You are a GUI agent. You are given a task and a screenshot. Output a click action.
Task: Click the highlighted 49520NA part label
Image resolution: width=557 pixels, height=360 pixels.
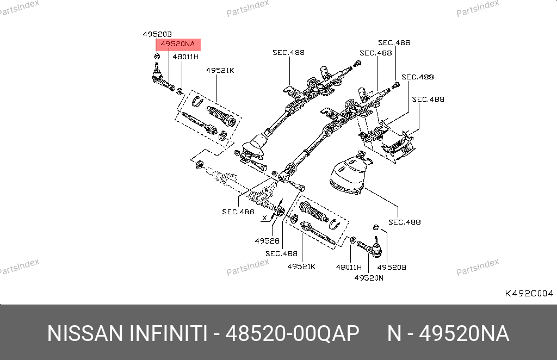[x=177, y=44]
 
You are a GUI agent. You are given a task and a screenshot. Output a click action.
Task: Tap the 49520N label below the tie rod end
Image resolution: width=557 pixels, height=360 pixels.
[x=369, y=277]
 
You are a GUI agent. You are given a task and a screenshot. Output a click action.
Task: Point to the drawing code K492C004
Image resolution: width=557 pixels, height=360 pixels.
[x=529, y=293]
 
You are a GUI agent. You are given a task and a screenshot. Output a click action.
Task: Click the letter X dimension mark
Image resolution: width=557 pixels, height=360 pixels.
[x=264, y=218]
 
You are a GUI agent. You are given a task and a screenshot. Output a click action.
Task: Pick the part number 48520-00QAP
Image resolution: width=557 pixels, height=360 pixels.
[x=292, y=333]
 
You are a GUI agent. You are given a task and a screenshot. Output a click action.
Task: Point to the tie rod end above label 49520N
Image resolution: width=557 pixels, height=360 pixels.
[x=370, y=249]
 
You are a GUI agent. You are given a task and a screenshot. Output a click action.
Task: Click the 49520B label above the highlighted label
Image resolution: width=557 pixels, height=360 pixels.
[x=157, y=34]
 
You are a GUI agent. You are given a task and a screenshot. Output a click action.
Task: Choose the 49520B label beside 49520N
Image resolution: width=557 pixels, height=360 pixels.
[x=392, y=267]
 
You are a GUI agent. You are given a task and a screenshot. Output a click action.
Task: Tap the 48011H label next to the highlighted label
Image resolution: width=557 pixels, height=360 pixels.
[x=185, y=56]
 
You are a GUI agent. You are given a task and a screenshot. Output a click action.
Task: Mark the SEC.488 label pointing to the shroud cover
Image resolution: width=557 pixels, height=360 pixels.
[x=405, y=222]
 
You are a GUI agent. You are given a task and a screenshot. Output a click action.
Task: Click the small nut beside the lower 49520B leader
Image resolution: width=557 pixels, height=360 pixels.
[x=375, y=227]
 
